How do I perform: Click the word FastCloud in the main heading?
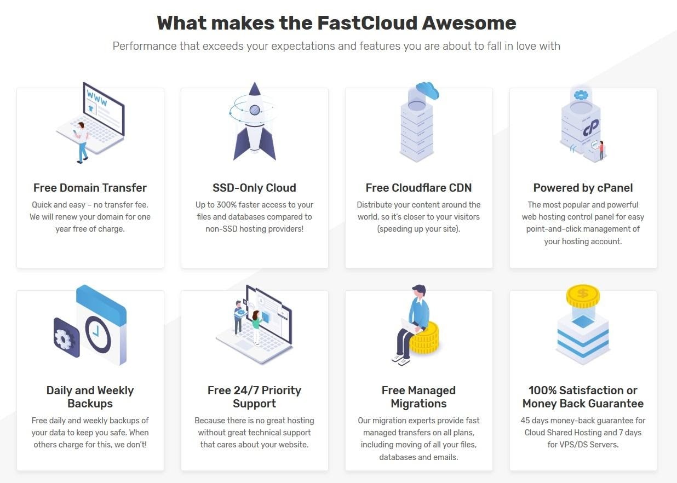[367, 23]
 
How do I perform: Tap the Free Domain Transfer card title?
[90, 188]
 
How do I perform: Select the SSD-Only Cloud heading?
[254, 188]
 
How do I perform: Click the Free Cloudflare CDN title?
[418, 188]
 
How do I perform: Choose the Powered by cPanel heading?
[583, 188]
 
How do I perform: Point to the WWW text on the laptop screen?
[97, 97]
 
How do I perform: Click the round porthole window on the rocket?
[255, 110]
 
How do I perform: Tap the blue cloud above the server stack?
[427, 90]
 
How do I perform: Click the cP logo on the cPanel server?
[591, 128]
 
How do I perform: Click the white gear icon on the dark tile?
[64, 338]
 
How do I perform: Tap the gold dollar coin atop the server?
[583, 296]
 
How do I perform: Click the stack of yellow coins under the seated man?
[424, 338]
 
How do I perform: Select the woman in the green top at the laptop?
[256, 327]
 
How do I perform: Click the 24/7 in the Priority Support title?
[246, 390]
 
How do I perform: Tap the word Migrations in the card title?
[418, 404]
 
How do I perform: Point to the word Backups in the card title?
[90, 404]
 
